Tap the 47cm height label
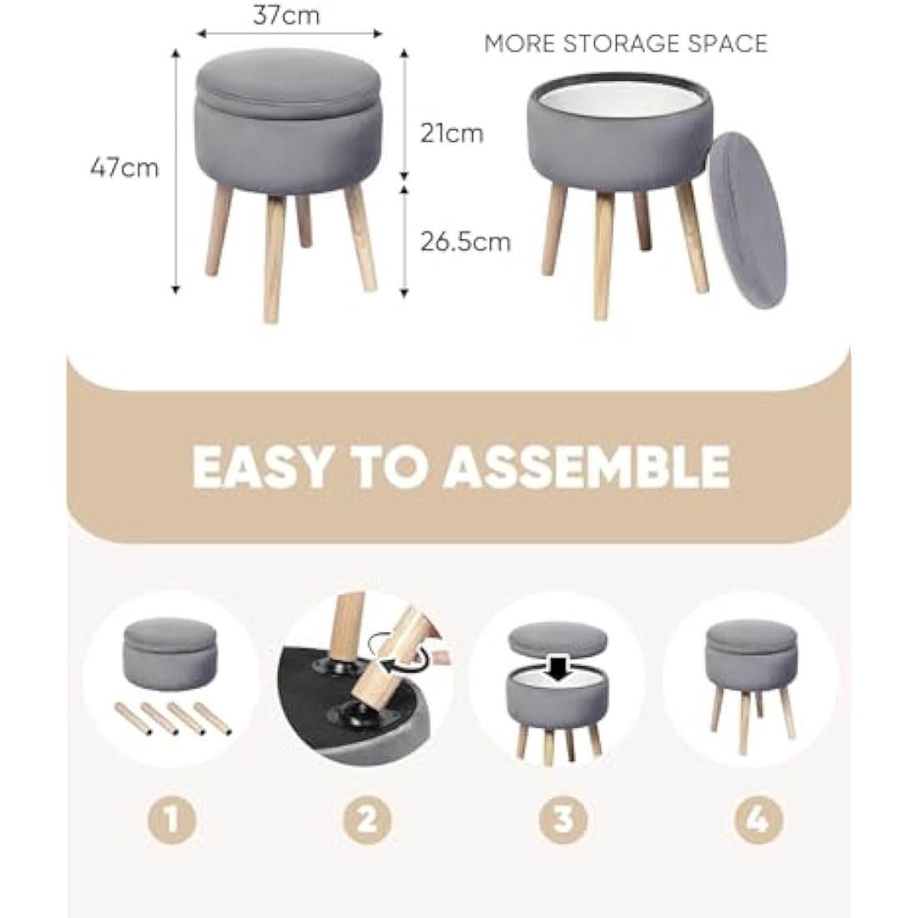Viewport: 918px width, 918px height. (x=124, y=168)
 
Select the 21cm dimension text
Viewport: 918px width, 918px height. (x=451, y=133)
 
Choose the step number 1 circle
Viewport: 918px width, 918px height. (x=172, y=820)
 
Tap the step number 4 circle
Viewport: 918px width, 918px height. (x=758, y=820)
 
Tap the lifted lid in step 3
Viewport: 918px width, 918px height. (x=557, y=639)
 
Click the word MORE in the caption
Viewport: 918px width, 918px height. (x=519, y=43)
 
